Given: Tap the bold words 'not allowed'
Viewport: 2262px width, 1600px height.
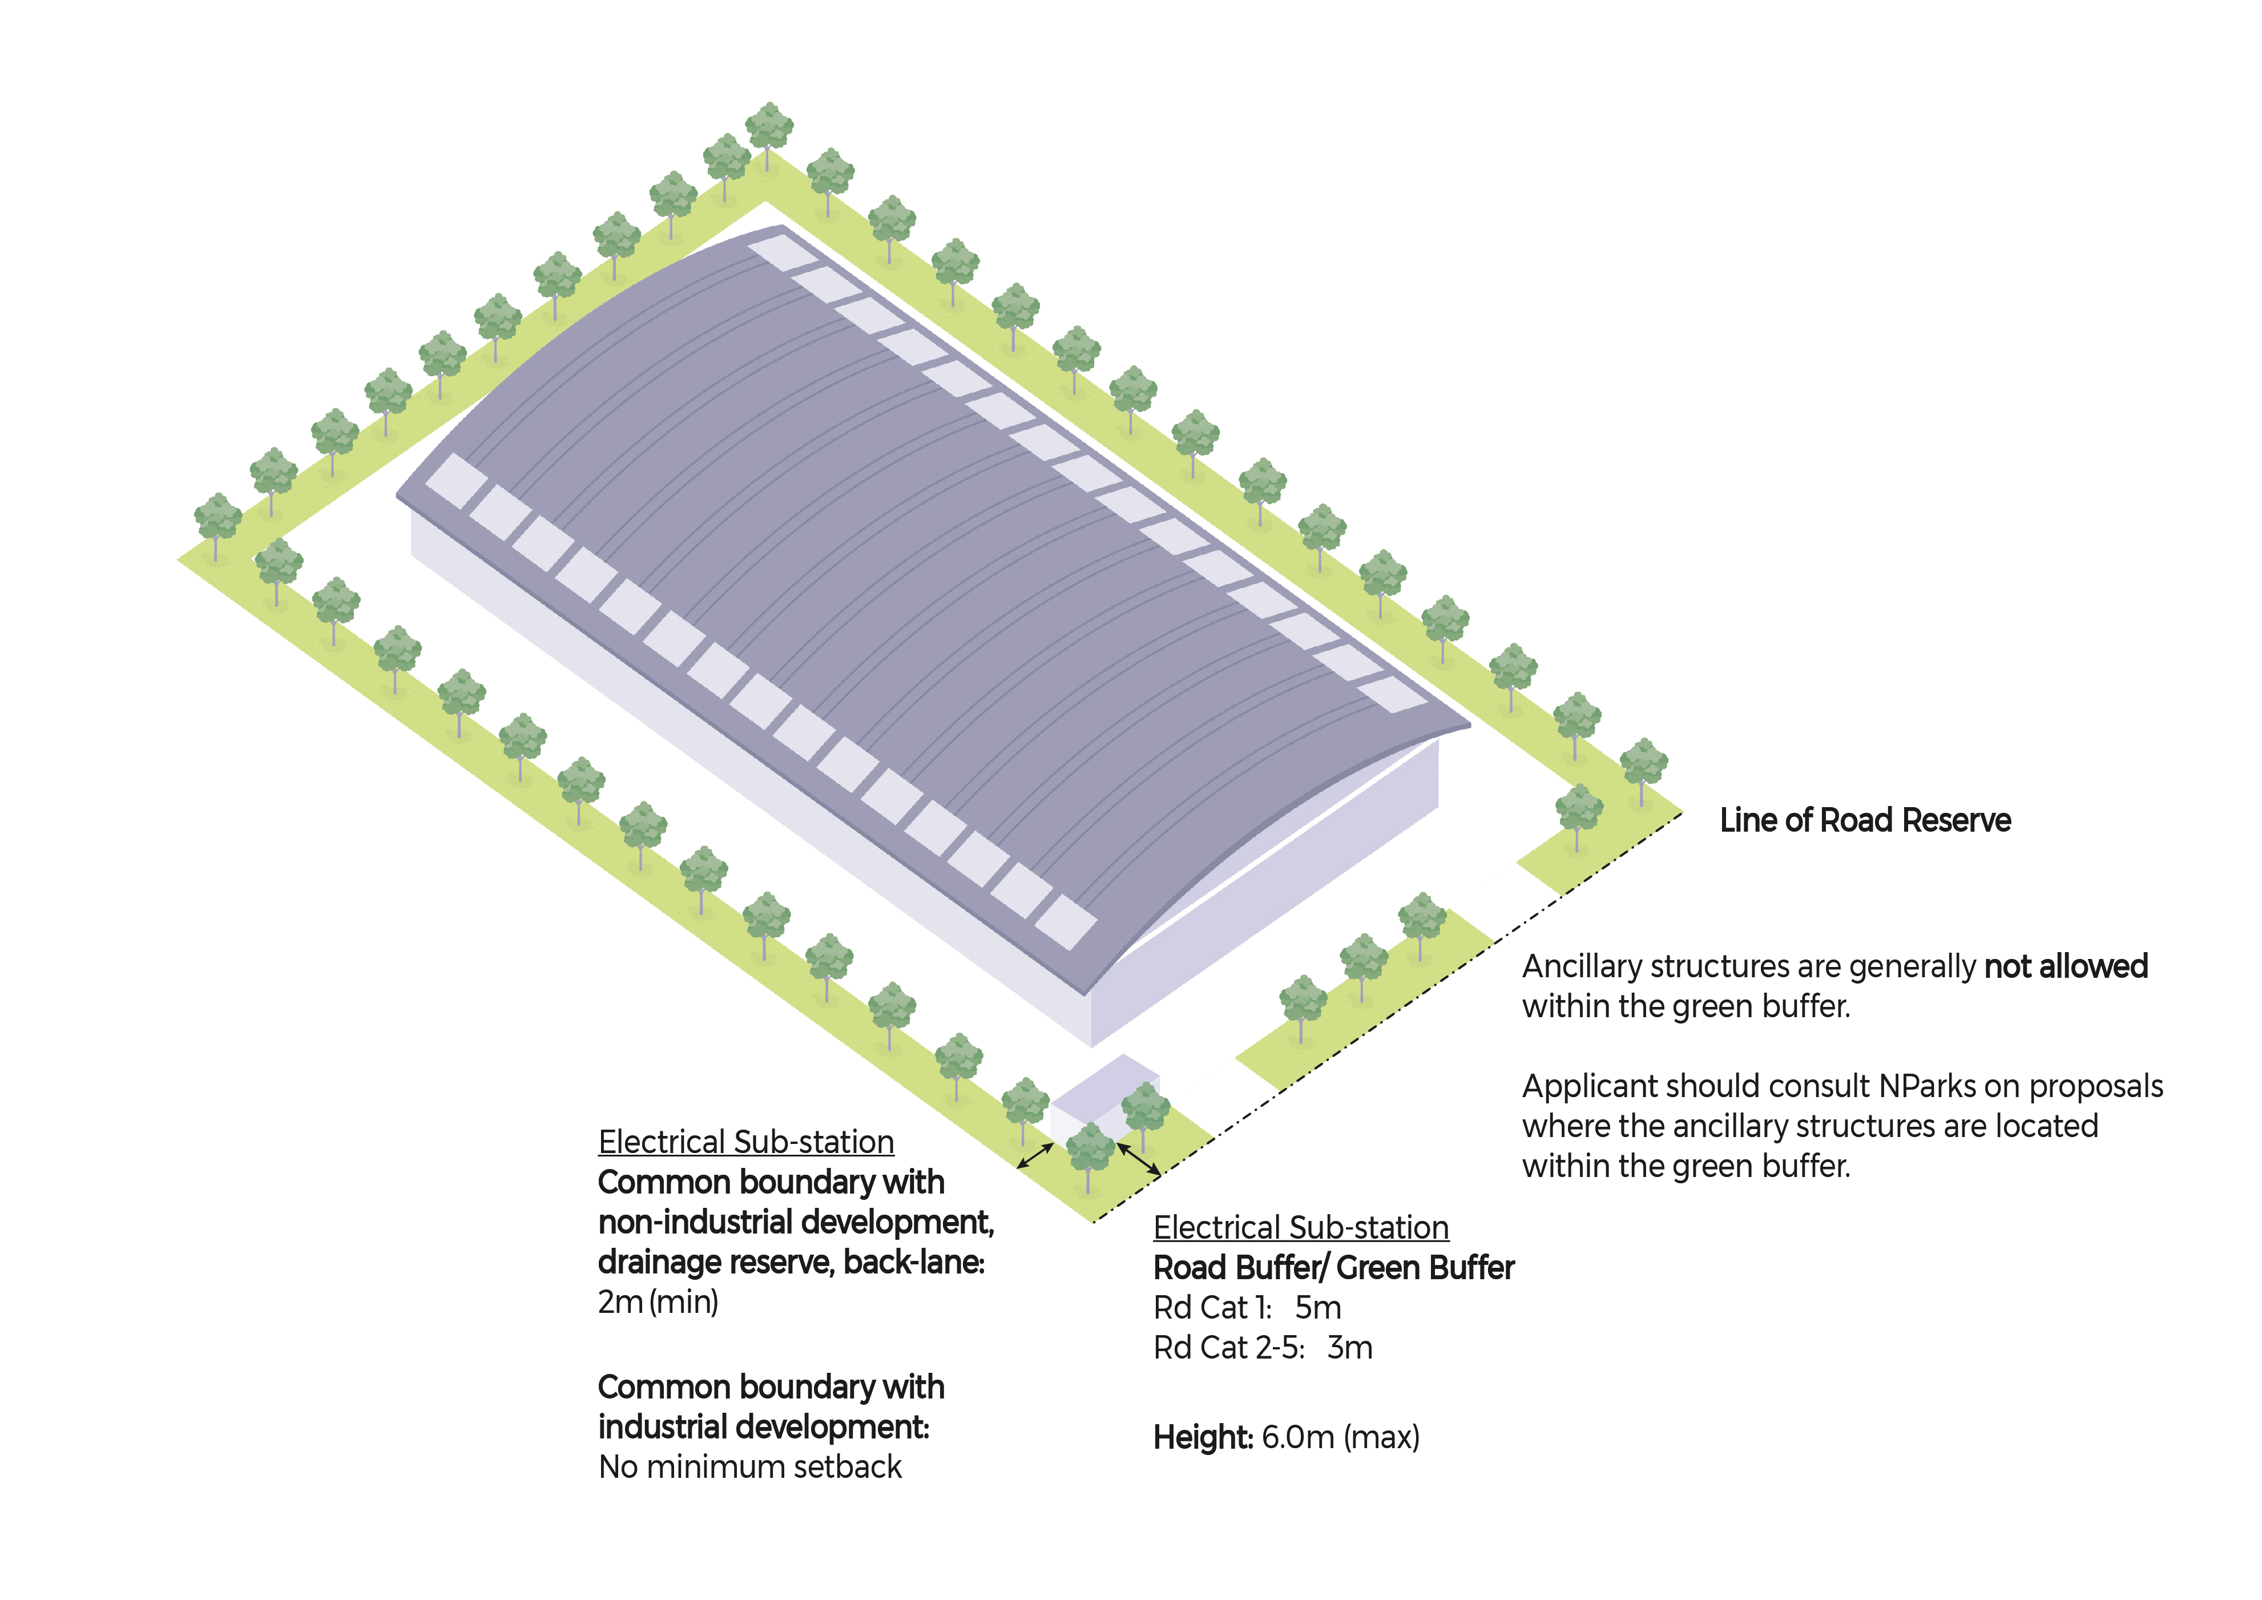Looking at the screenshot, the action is pos(2066,966).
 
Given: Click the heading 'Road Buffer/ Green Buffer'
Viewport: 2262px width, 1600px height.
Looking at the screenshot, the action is pos(1334,1268).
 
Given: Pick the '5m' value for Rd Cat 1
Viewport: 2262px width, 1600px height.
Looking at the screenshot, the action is pos(1318,1308).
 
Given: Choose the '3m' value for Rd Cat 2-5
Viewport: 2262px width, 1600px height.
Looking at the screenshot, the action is pos(1350,1348).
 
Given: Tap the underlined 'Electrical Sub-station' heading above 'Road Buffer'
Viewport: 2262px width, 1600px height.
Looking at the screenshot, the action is pos(1301,1228).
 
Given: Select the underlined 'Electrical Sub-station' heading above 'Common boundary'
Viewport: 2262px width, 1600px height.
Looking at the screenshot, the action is pos(746,1142).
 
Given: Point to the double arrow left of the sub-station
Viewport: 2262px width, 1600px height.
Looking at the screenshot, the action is pos(1035,1156).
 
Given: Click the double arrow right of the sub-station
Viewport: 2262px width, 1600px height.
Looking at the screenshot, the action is pos(1138,1159).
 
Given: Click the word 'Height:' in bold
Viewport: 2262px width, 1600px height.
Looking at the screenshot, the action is pos(1203,1437).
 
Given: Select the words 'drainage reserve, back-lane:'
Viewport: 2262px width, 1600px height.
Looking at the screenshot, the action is pos(791,1262).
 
